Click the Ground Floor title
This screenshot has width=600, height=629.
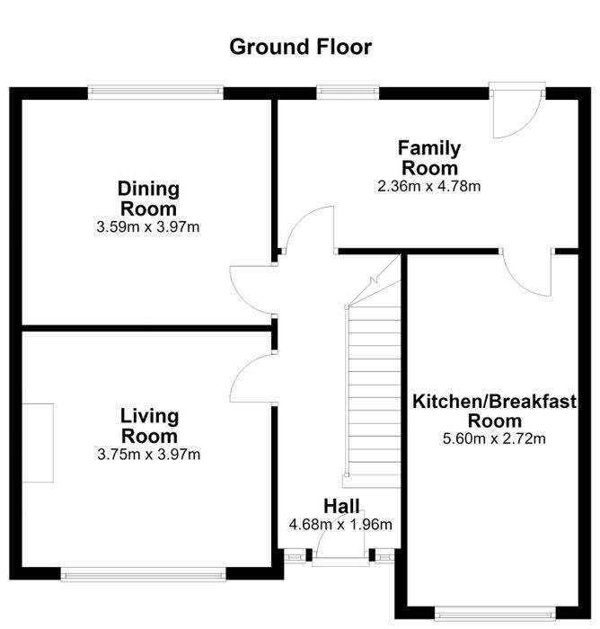tap(300, 47)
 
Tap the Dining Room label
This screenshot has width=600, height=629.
tap(148, 199)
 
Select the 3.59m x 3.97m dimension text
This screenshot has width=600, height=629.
tap(148, 227)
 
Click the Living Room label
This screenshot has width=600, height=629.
tap(149, 426)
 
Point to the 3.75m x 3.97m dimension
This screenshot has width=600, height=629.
tap(149, 455)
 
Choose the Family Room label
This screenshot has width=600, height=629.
tap(429, 157)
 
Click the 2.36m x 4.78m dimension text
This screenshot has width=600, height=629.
tap(429, 187)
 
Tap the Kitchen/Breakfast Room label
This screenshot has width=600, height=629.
tap(495, 412)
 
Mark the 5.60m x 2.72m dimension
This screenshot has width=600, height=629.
tap(494, 439)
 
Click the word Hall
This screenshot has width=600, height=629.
tap(341, 506)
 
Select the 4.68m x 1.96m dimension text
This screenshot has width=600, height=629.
tap(340, 524)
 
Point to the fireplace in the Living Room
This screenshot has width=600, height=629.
tap(38, 443)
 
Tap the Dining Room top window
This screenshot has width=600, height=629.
tap(155, 93)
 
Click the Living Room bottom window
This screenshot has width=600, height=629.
tap(143, 574)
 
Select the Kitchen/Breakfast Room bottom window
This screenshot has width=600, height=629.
tap(495, 614)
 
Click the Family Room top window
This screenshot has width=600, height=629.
tap(348, 93)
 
